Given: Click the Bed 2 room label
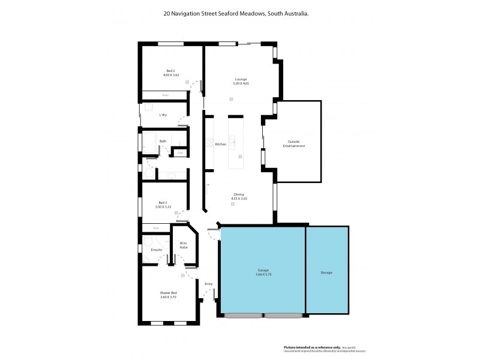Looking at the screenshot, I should pos(170,71).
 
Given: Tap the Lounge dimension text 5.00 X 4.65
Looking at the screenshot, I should pos(241,84).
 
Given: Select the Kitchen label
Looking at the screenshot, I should pos(221,145).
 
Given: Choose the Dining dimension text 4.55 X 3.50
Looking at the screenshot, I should pos(239,199).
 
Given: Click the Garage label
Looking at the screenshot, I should pos(263,271).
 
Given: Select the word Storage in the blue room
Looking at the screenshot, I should pos(326,272).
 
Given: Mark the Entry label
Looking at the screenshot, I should pos(208,284).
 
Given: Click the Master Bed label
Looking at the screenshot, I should pos(169,293).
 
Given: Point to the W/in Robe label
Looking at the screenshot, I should pos(184,245).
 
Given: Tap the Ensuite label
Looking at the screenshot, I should pos(157,249).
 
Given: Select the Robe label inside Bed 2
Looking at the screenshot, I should pos(165,95).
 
